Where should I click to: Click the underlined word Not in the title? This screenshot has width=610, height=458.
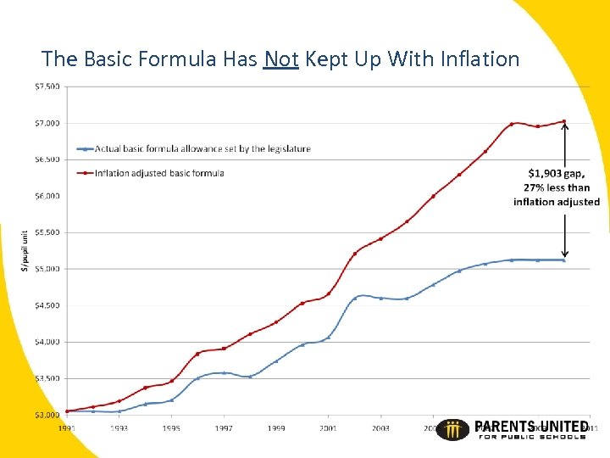coord(280,59)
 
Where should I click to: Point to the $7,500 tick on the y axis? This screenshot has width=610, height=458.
coord(47,87)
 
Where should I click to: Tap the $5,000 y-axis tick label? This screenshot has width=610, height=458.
coord(47,269)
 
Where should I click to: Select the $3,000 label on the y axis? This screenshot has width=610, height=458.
coord(47,415)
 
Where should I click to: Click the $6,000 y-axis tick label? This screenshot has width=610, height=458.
coord(47,196)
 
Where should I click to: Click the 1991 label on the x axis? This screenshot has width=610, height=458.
coord(67,428)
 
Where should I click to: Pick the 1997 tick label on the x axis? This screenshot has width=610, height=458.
coord(224,428)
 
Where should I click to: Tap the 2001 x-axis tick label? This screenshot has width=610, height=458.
coord(329,428)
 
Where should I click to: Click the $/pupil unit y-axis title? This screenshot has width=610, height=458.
coord(25,250)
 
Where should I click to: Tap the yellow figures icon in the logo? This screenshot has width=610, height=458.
coord(457,429)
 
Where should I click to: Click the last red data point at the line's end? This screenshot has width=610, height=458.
coord(564,121)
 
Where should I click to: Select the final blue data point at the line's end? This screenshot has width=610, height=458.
coord(564,260)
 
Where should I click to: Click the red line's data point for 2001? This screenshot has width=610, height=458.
coord(329,293)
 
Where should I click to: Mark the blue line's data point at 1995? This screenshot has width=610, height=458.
coord(171,399)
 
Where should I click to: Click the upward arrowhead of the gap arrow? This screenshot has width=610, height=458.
coord(565,128)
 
